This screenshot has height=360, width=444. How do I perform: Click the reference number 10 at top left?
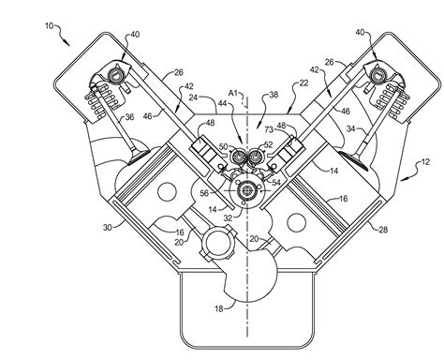(x=49, y=25)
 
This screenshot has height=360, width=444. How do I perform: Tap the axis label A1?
(x=233, y=93)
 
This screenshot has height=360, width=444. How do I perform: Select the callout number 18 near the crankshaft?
(x=219, y=308)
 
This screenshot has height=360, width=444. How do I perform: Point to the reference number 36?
(x=129, y=117)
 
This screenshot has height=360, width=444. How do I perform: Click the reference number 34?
(x=351, y=128)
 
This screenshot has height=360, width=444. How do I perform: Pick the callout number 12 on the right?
(x=425, y=162)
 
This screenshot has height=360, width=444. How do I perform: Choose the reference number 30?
(x=108, y=228)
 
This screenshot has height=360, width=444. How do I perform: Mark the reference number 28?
(x=383, y=230)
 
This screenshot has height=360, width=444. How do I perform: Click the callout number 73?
(x=269, y=129)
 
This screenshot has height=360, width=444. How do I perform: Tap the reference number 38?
(x=274, y=95)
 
